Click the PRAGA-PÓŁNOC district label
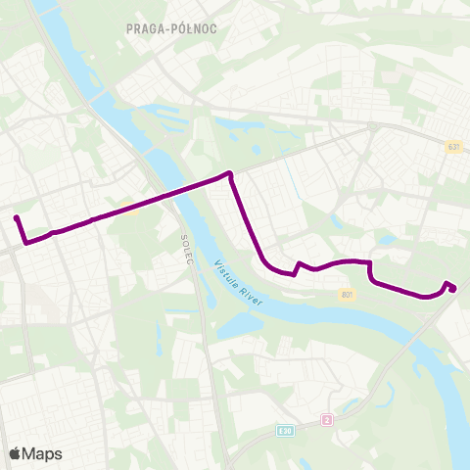tap(171, 28)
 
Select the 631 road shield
tap(453, 147)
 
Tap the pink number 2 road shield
tap(327, 419)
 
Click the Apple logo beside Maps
tap(15, 453)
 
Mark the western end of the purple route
tap(17, 217)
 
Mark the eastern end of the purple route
tap(453, 289)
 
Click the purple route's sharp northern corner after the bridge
tap(230, 174)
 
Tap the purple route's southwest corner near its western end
tap(24, 241)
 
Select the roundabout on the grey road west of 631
tap(375, 126)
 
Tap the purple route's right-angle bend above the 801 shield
tap(369, 263)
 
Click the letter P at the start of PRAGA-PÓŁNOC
tap(130, 28)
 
